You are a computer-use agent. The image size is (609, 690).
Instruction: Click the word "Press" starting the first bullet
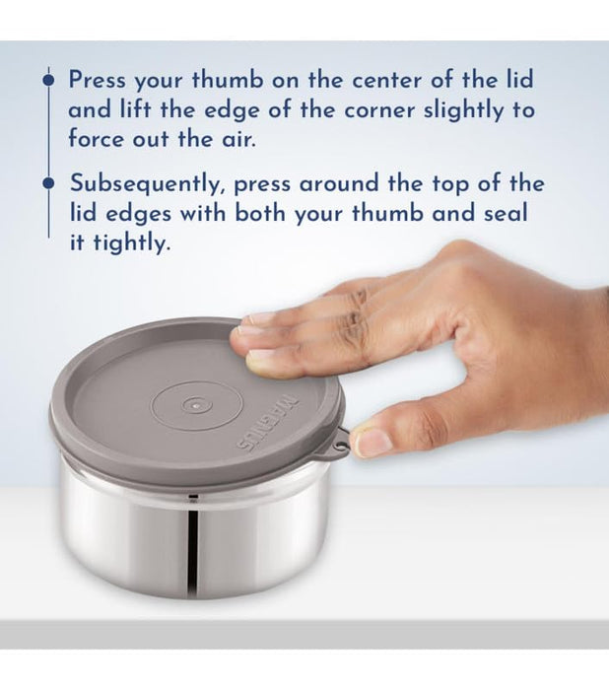(98, 80)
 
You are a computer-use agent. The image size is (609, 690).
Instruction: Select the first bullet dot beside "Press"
(48, 80)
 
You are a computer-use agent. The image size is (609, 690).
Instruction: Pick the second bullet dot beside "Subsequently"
(48, 183)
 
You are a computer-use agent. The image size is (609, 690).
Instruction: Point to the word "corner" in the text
(379, 110)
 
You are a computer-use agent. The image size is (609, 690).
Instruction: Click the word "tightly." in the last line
(132, 243)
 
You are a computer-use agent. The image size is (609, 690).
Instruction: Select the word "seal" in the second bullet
(506, 213)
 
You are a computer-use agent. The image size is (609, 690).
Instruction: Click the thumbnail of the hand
(372, 443)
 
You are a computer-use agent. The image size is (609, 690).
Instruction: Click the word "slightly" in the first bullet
(463, 110)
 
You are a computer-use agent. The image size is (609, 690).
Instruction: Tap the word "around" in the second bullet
(339, 184)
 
